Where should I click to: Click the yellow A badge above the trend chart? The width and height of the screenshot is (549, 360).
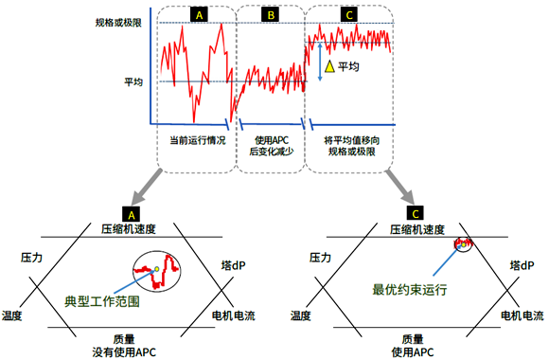[x=199, y=14]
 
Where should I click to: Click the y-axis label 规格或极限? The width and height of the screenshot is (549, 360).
[x=119, y=22]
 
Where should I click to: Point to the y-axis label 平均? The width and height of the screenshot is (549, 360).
[x=133, y=81]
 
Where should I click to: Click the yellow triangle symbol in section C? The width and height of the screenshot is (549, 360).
[x=329, y=67]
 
